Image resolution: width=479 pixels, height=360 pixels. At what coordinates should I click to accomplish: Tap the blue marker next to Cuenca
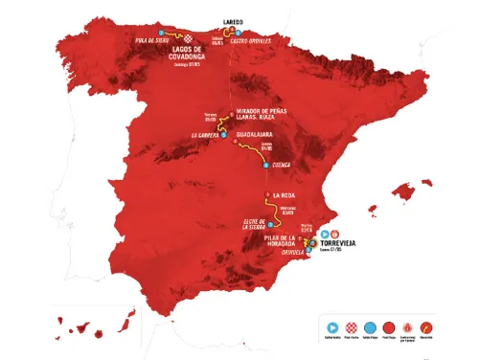[265, 165]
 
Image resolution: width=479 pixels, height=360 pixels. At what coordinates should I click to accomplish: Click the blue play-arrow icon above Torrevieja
[325, 233]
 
